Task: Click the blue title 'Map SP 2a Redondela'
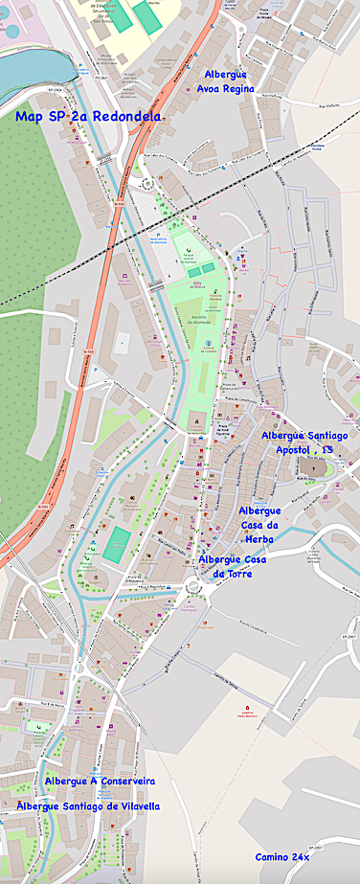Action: click(88, 116)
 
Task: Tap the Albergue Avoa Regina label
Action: click(226, 80)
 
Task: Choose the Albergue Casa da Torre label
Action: click(233, 566)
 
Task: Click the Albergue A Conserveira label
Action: click(100, 782)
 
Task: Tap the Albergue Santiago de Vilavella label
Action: click(88, 806)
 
